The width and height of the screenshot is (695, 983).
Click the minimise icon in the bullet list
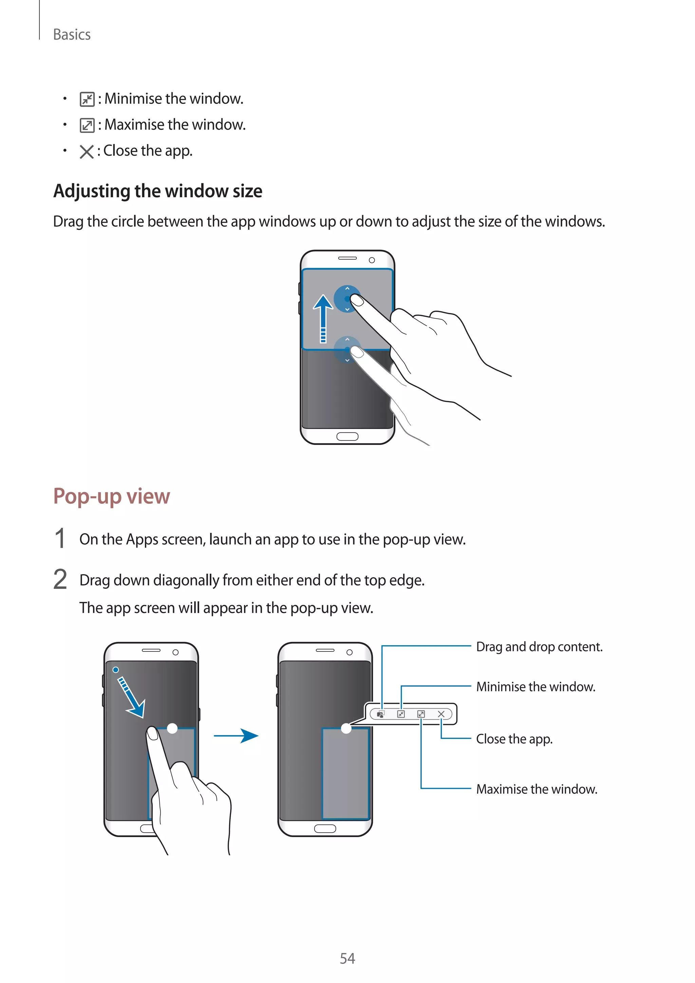(x=87, y=99)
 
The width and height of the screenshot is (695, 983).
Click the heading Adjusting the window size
(x=157, y=191)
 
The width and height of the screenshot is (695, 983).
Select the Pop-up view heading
(x=112, y=496)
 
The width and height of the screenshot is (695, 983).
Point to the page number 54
(x=347, y=958)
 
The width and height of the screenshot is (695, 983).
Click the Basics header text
(x=72, y=35)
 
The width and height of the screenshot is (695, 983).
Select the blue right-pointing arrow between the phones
(x=237, y=736)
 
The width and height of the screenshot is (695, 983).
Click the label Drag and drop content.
(x=539, y=647)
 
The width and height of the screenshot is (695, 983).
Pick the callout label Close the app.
(x=514, y=739)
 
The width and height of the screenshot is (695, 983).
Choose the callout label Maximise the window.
(x=537, y=789)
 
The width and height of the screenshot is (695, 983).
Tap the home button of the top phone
(x=347, y=436)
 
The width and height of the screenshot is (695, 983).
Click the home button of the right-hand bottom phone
(x=325, y=829)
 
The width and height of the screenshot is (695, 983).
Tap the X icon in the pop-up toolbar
(x=441, y=714)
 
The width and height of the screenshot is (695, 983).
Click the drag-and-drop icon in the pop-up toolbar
(x=380, y=714)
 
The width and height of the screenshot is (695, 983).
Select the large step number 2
(x=60, y=580)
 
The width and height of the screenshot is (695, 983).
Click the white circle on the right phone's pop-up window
(x=346, y=728)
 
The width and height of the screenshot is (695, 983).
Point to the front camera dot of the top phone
(x=372, y=260)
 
